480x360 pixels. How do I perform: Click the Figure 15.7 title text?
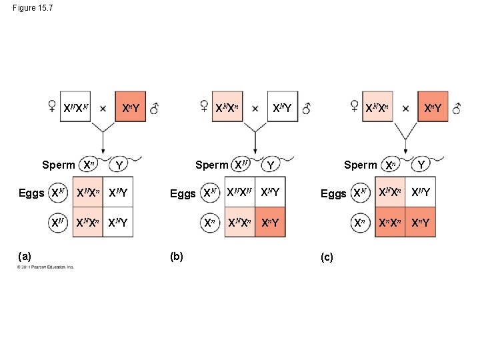tap(33, 8)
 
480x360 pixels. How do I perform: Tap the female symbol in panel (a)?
tap(51, 107)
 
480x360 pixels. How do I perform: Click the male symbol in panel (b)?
tap(306, 108)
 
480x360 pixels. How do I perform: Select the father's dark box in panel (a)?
tap(130, 107)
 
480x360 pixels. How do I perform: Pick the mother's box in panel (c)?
tap(378, 107)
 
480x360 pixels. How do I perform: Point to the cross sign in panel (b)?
tap(255, 108)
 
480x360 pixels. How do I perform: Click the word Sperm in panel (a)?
tap(58, 165)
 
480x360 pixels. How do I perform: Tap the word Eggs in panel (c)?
tap(333, 193)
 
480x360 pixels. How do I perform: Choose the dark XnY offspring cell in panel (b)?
tap(270, 222)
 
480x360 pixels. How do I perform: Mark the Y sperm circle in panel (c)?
tap(421, 164)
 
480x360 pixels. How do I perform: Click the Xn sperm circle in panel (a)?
tap(89, 165)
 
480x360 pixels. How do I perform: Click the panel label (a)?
tap(25, 255)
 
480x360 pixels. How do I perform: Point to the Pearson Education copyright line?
tap(46, 267)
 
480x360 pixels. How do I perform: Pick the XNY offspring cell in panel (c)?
tap(421, 193)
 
